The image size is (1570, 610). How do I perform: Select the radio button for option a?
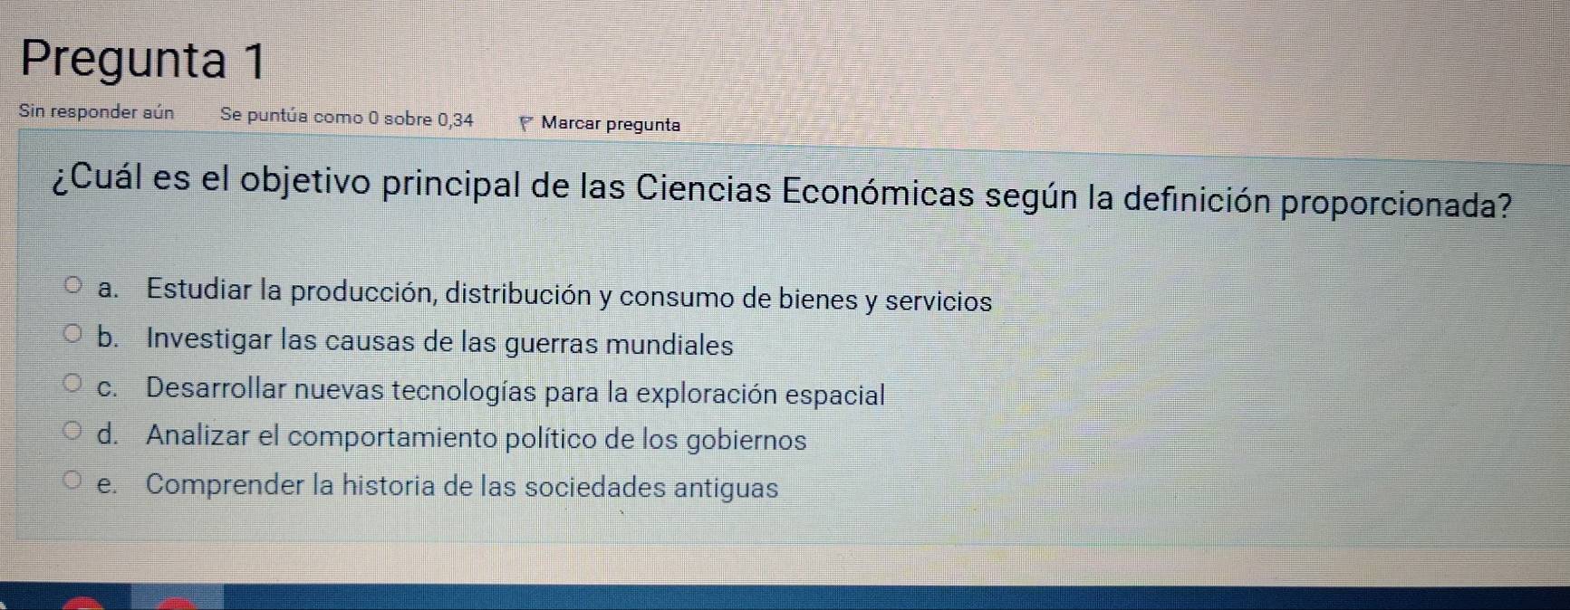coord(73,287)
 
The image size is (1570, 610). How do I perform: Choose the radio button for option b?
coord(73,335)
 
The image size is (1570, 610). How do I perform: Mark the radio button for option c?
coord(73,384)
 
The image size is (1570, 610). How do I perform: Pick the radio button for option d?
coord(73,431)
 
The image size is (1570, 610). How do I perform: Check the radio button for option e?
coord(73,480)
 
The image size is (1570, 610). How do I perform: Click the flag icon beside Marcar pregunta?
coord(526,124)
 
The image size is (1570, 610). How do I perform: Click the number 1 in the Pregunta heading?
coord(255,62)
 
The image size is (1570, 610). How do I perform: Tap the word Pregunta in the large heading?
coord(123,61)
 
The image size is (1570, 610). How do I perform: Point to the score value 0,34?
coord(456,119)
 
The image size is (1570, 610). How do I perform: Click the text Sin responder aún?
coord(96,112)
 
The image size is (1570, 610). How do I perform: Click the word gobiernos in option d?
coord(746,440)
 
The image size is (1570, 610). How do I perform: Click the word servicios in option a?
coord(939,300)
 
